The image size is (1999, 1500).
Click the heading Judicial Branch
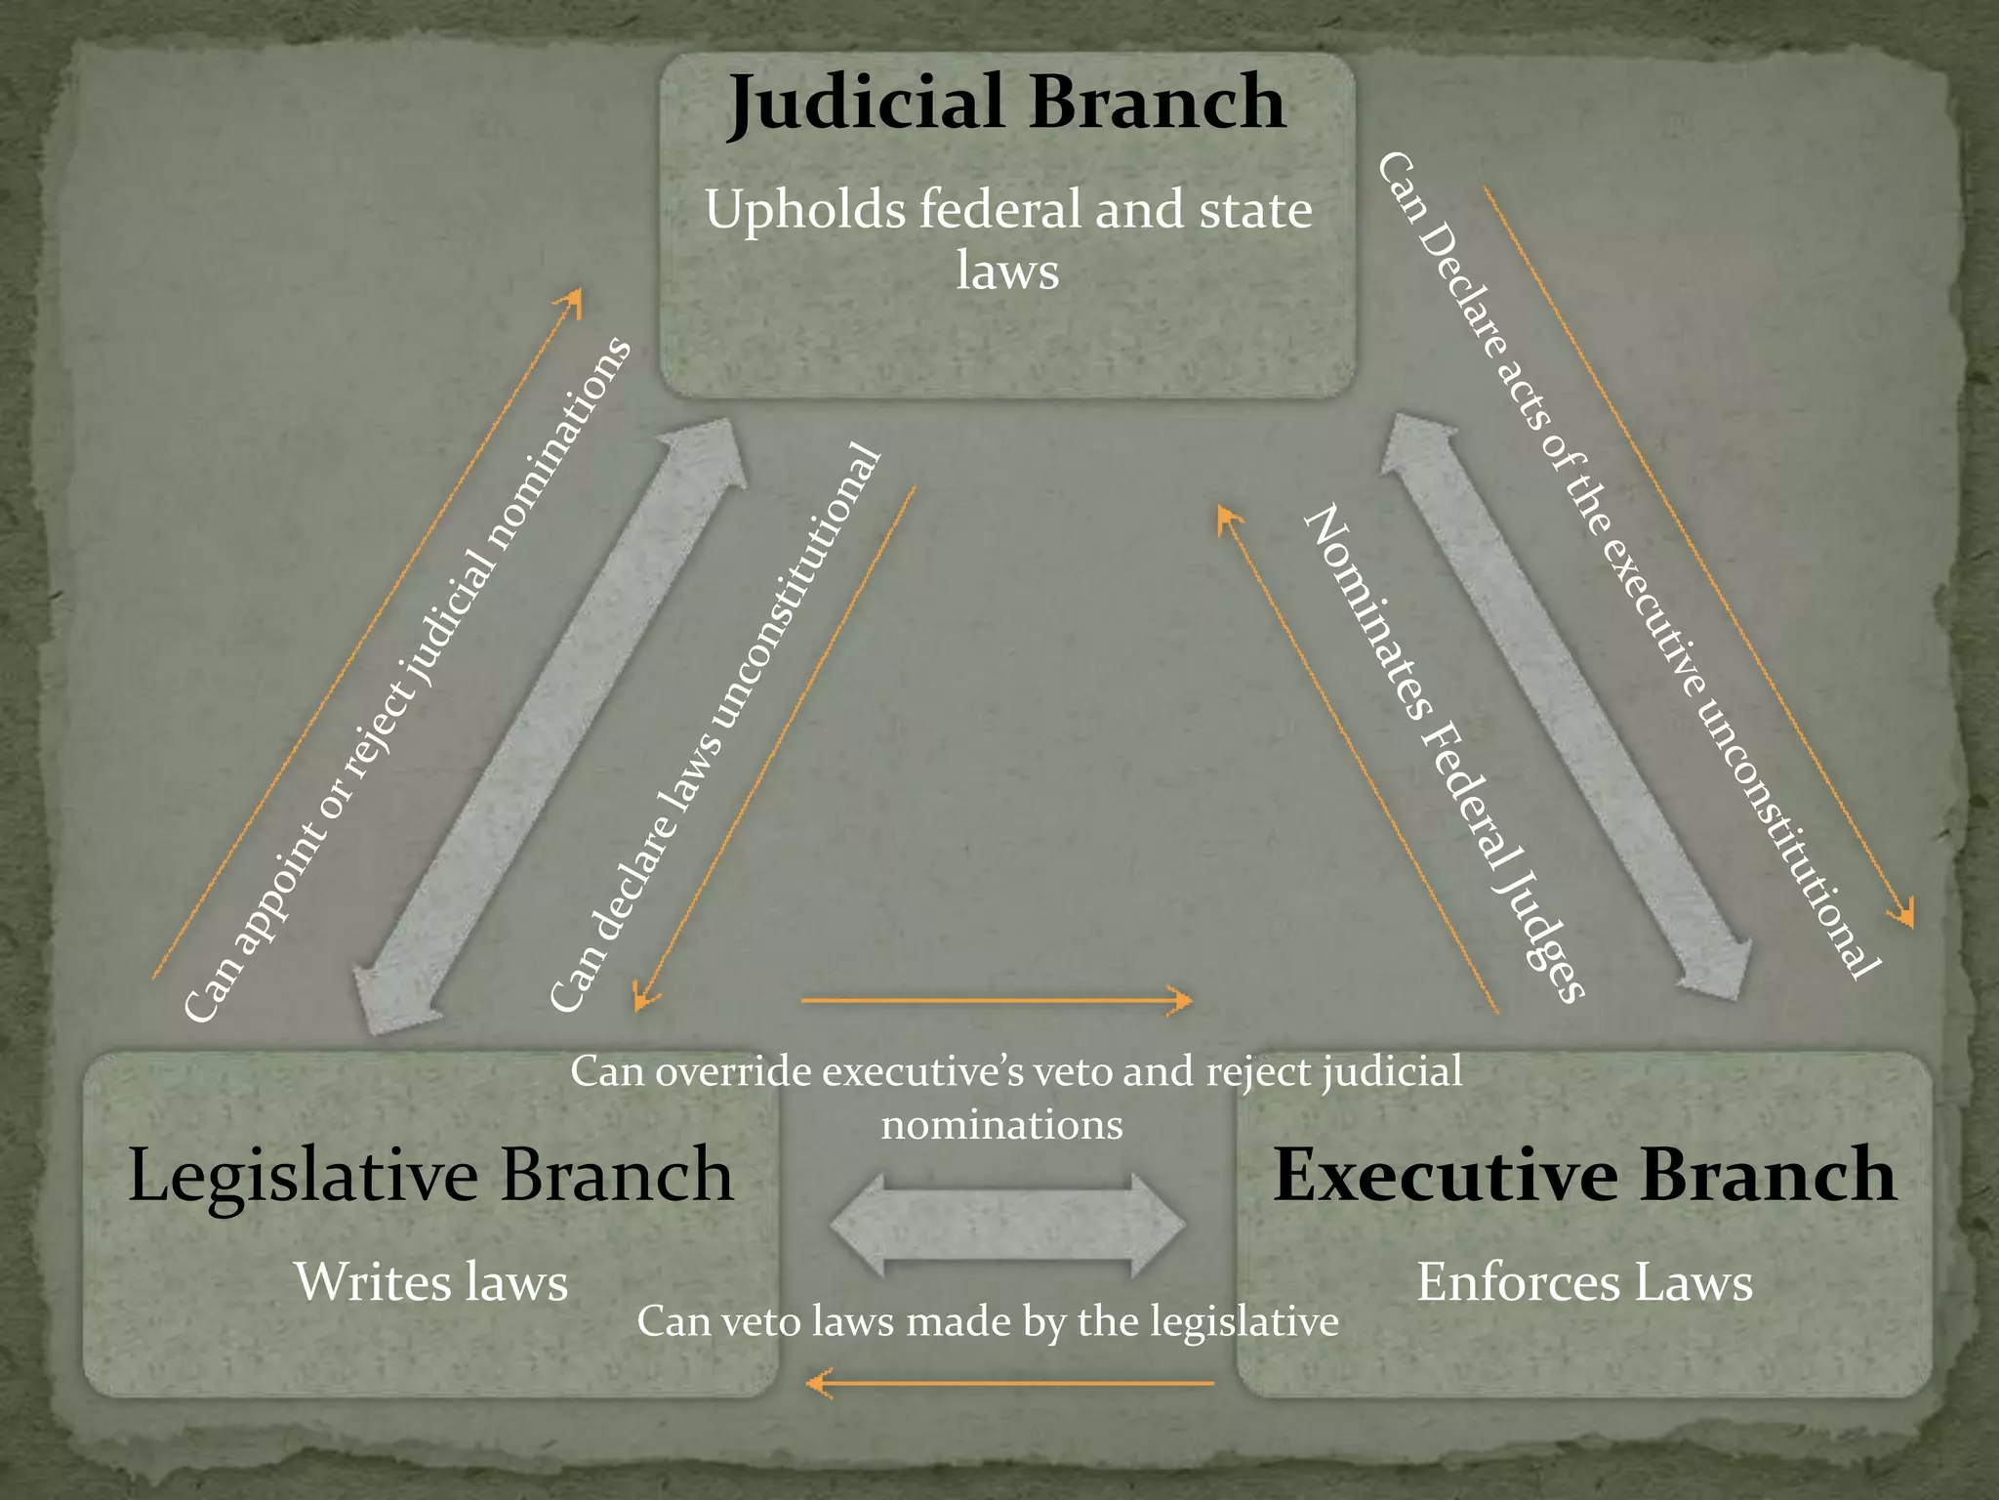point(1005,103)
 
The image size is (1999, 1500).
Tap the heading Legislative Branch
point(429,1176)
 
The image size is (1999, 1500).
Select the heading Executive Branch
point(1583,1174)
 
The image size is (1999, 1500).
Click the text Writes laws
point(430,1282)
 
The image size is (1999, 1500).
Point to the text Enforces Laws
point(1583,1282)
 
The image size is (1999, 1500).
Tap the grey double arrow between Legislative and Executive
point(1007,1225)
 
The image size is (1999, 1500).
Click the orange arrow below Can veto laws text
point(1010,1383)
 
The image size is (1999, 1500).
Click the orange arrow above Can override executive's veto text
point(996,1001)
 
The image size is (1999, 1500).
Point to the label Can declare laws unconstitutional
point(715,728)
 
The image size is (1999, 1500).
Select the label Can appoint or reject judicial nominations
point(408,681)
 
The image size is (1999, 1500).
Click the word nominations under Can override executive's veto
point(1001,1125)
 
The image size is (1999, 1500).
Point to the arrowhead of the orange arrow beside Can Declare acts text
point(1903,915)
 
